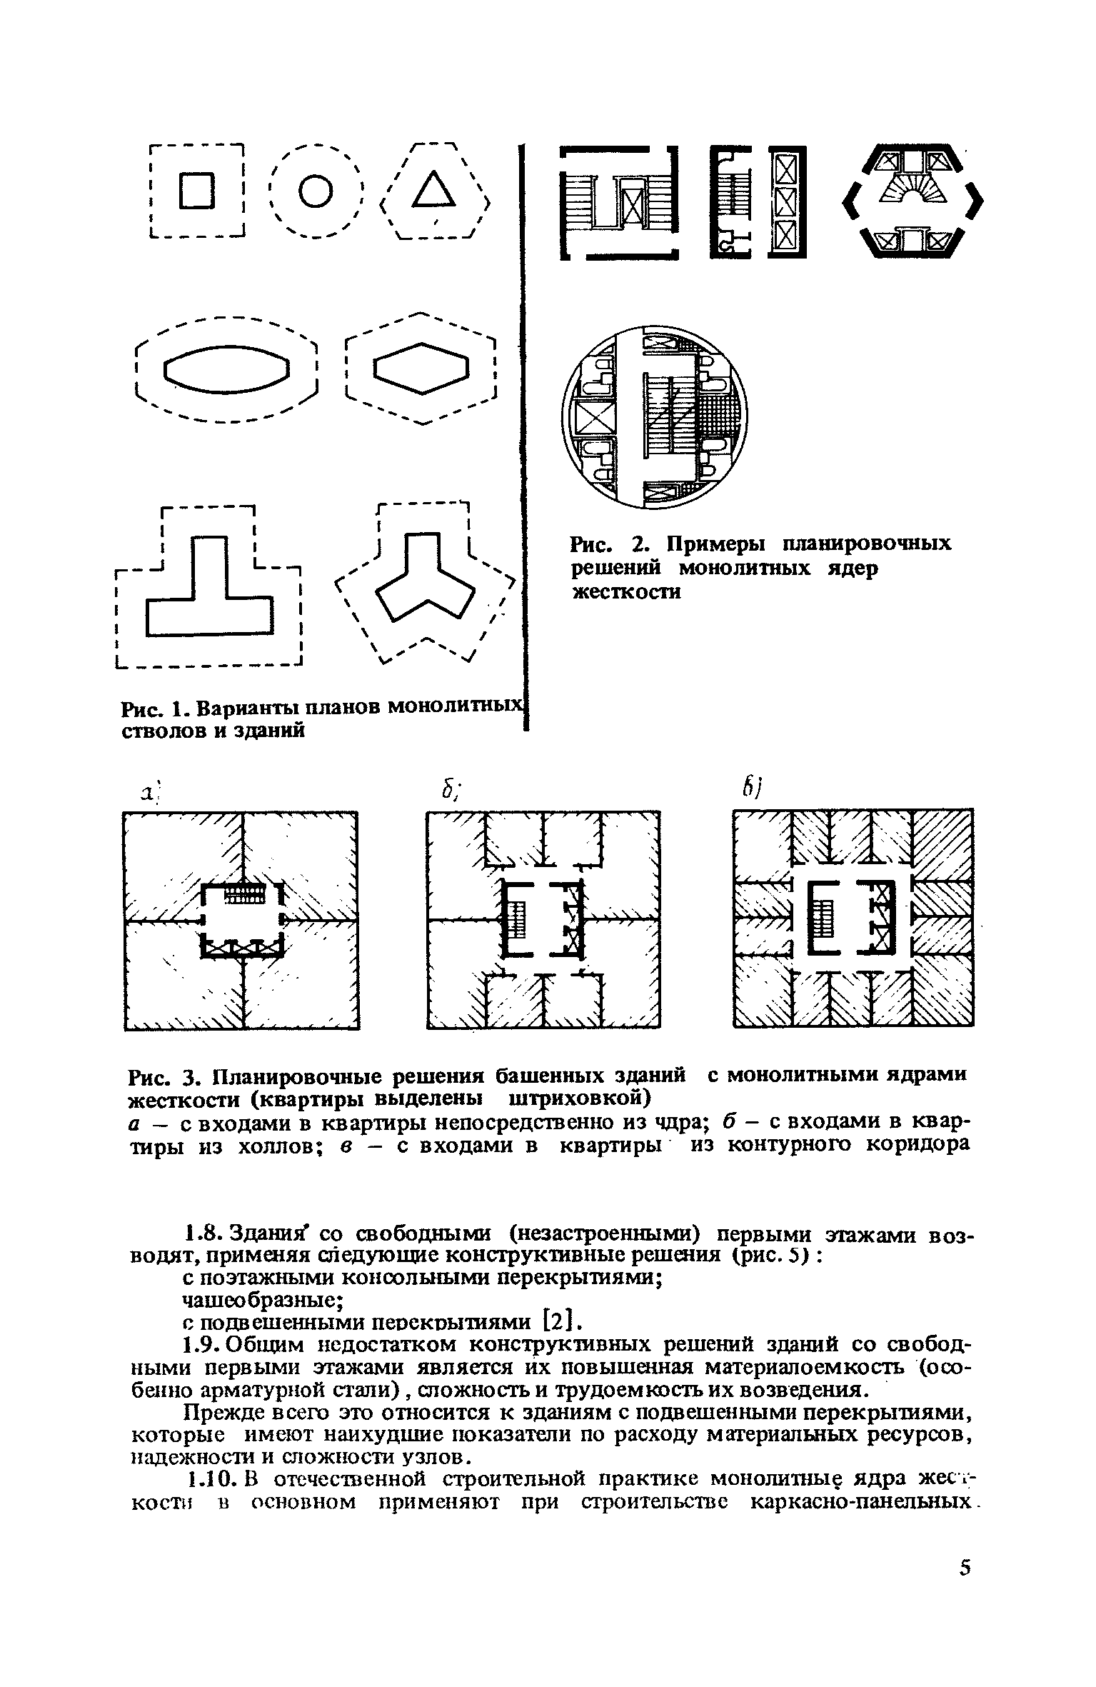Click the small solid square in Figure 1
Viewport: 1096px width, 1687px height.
(x=197, y=191)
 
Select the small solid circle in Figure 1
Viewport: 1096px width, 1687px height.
(x=315, y=191)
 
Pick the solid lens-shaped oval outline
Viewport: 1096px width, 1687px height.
(x=227, y=369)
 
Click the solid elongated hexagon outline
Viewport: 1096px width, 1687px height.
(x=421, y=369)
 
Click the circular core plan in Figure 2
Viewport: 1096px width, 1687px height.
(x=654, y=418)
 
